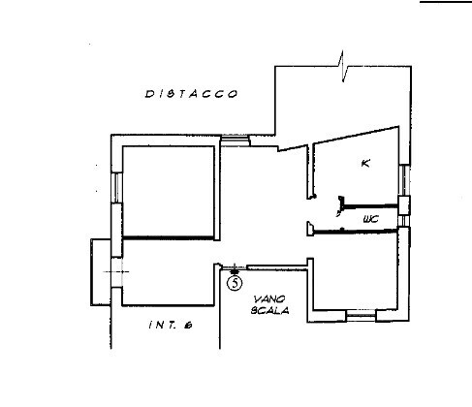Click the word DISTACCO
click(191, 94)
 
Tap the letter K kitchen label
click(364, 163)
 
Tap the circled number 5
click(234, 283)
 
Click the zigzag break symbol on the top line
click(342, 69)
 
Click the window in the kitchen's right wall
click(404, 180)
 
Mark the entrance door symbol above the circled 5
click(234, 267)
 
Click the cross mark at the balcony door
click(112, 272)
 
